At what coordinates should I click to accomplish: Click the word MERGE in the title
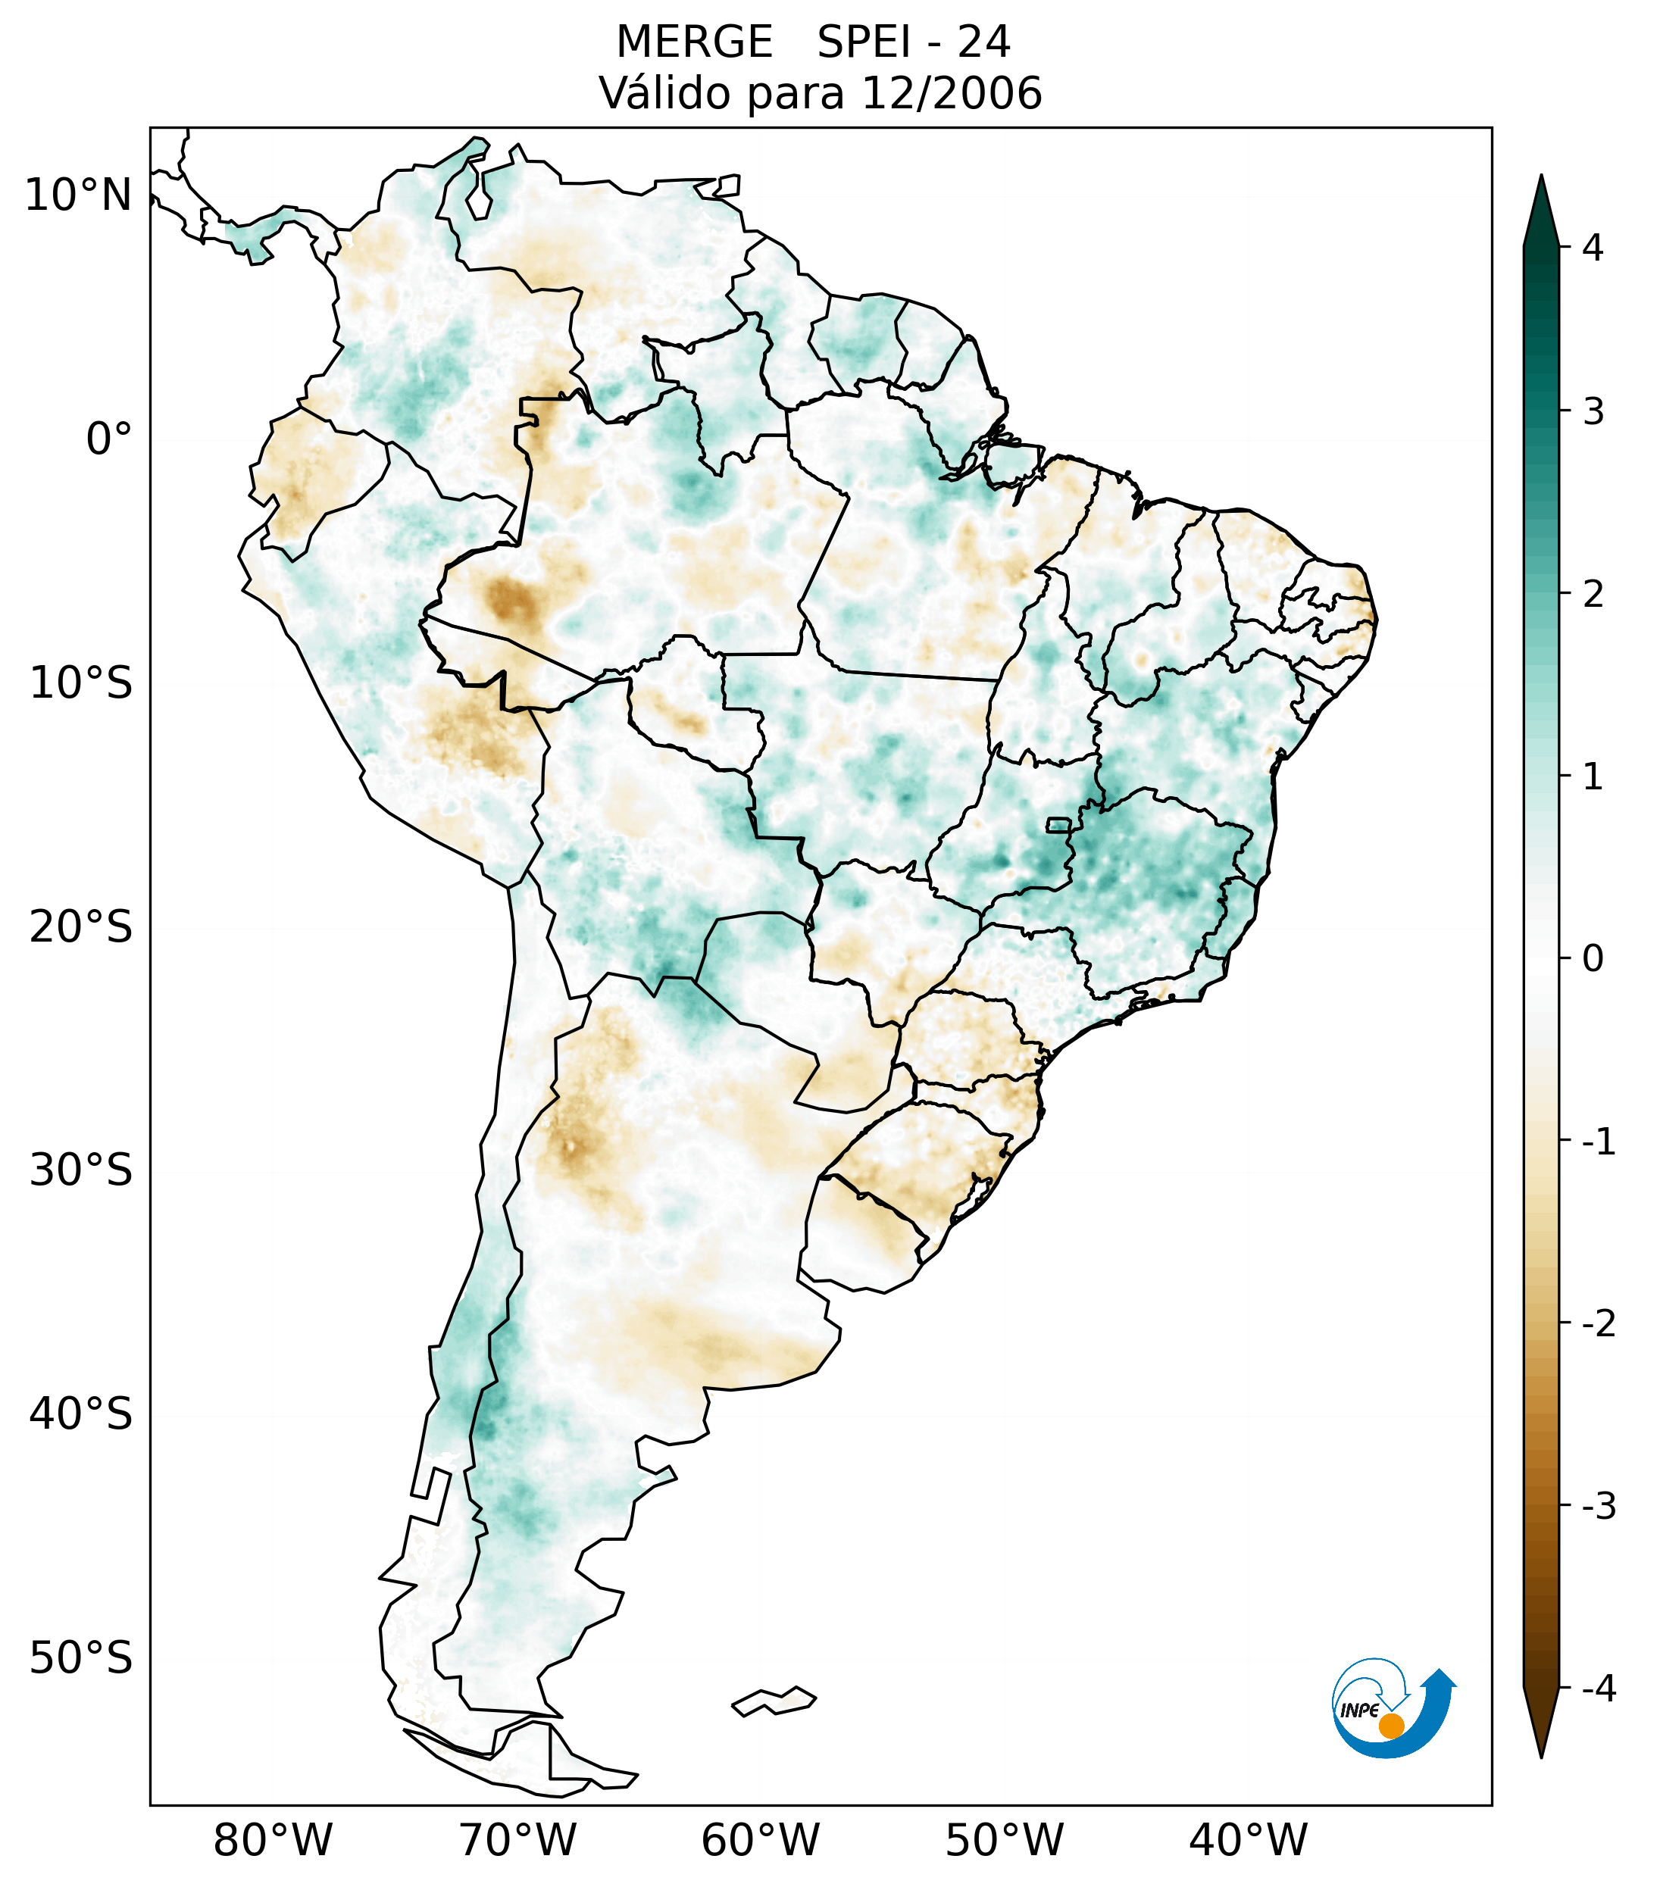click(x=693, y=42)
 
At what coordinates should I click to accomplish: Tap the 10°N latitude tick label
click(x=79, y=195)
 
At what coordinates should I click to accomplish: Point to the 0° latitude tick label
click(x=109, y=439)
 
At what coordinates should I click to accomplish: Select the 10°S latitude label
click(x=81, y=683)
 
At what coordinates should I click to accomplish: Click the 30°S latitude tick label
click(x=81, y=1170)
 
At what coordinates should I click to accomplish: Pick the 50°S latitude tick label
click(x=81, y=1658)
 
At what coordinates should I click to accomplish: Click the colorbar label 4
click(x=1593, y=248)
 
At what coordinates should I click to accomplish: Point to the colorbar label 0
click(x=1593, y=958)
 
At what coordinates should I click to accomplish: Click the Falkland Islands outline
click(x=774, y=1701)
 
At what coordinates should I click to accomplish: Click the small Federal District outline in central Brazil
click(x=1059, y=823)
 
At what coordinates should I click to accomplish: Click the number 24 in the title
click(x=983, y=42)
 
